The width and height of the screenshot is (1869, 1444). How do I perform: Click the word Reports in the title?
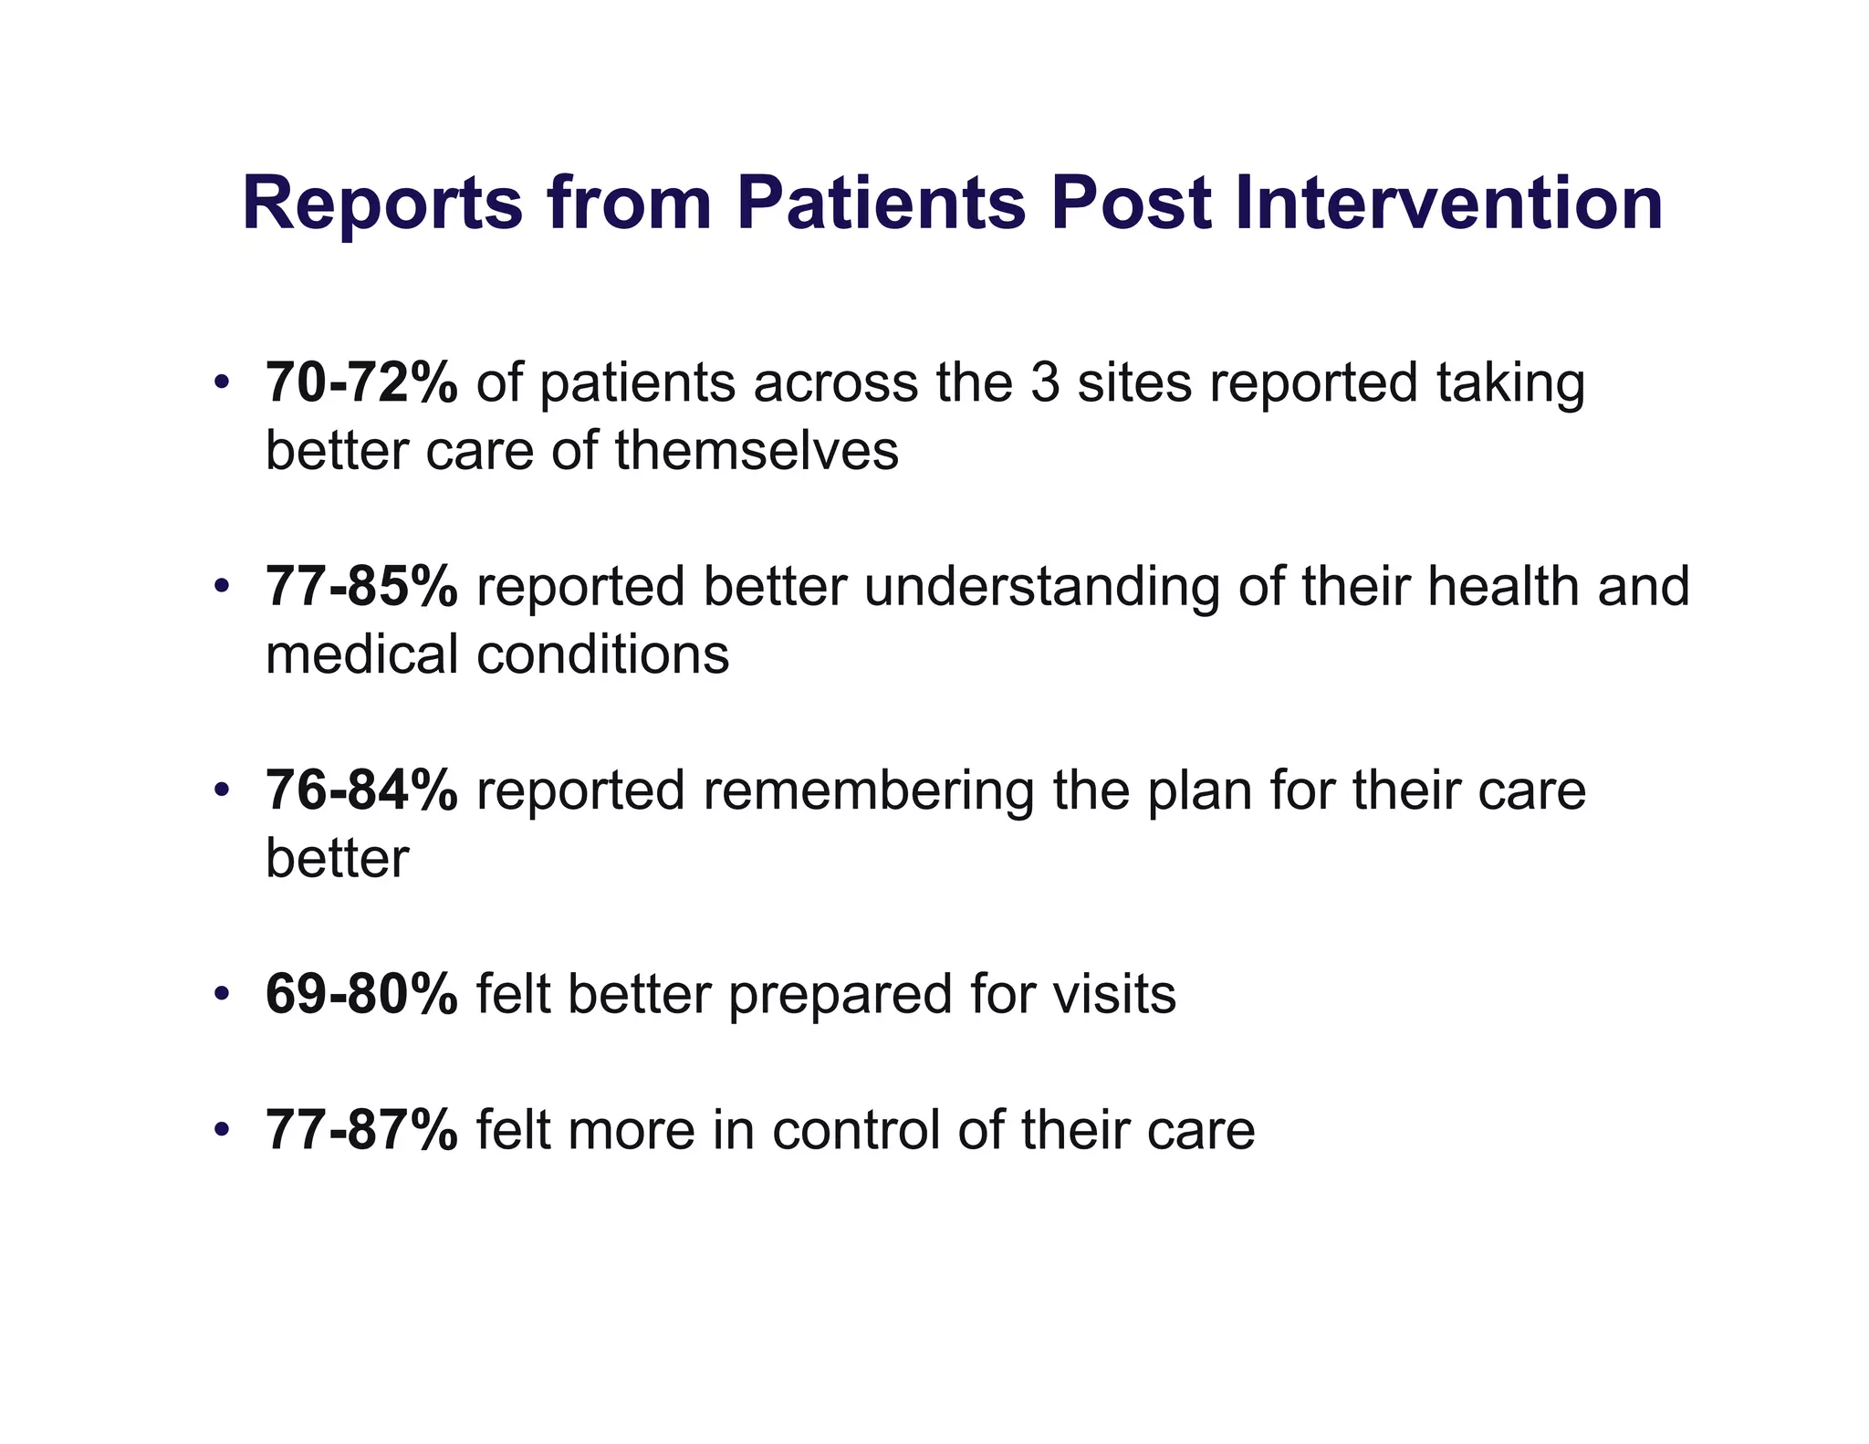pos(382,204)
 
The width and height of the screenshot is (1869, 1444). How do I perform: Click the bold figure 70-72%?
pos(361,382)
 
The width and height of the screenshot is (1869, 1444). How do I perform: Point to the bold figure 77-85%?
pos(361,586)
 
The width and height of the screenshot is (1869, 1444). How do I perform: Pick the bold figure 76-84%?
pos(361,790)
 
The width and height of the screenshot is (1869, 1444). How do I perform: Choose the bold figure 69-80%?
pos(361,994)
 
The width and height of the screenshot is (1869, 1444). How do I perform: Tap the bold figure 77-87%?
pos(361,1130)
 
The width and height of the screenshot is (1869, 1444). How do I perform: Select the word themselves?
pos(757,451)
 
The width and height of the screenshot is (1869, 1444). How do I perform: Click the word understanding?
pos(1041,587)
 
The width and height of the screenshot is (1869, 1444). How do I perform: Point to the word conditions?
pos(602,654)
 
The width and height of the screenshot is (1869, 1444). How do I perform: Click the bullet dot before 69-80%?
pos(220,994)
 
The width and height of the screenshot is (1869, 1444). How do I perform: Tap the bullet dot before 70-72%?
pos(220,382)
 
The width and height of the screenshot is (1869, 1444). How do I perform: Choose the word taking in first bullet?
pos(1510,384)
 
